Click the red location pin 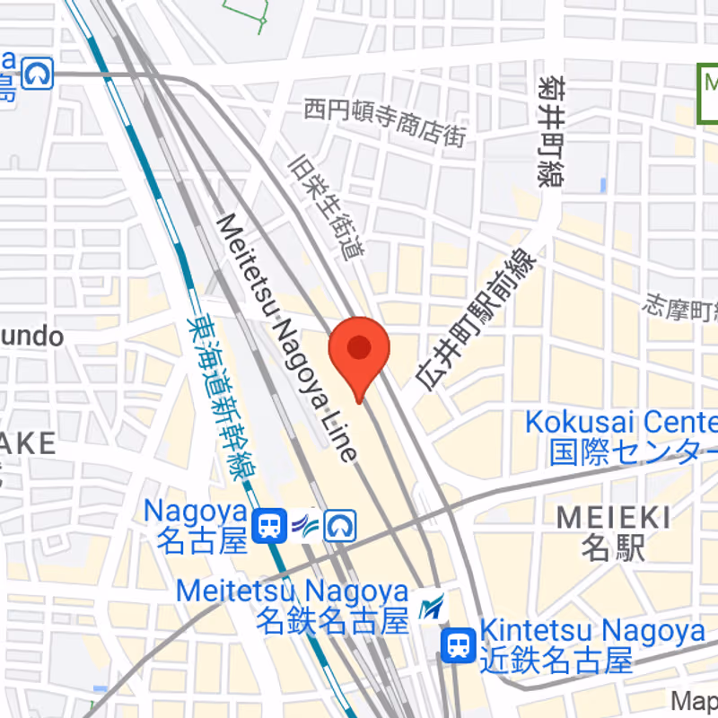[359, 350]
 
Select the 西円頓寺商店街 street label [385, 122]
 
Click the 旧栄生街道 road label [328, 207]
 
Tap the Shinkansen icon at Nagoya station [305, 525]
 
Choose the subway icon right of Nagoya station [341, 525]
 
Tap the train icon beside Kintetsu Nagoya [458, 645]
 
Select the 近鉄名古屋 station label [556, 661]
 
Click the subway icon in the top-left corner [39, 74]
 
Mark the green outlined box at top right [708, 93]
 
